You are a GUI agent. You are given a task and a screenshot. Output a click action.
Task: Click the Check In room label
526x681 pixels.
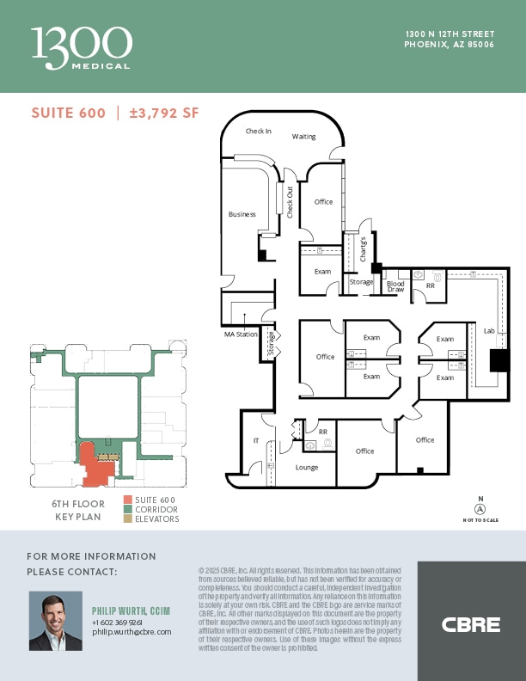click(258, 132)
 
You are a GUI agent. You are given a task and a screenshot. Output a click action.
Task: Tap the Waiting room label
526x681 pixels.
click(303, 137)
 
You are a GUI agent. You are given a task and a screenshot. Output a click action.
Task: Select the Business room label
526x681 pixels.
click(242, 214)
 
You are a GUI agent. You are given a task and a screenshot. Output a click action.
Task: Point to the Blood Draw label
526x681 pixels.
click(395, 286)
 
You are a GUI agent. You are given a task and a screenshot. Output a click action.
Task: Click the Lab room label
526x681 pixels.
click(489, 330)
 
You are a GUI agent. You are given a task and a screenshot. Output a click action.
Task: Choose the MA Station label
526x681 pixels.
click(240, 334)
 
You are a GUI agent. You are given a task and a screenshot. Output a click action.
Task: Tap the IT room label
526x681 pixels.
click(255, 440)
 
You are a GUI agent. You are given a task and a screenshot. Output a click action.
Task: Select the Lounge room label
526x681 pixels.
click(307, 468)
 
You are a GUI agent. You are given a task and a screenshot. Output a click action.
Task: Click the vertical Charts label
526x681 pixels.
click(364, 248)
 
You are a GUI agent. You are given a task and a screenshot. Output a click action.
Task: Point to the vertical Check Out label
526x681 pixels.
click(290, 202)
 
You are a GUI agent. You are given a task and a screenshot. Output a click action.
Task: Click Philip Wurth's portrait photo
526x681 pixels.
click(56, 621)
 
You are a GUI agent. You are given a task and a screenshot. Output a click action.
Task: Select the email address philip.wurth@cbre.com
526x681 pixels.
click(131, 631)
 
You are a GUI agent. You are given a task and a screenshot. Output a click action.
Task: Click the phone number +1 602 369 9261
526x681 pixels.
click(119, 622)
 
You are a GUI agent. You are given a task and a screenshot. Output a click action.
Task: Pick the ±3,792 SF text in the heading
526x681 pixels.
click(163, 113)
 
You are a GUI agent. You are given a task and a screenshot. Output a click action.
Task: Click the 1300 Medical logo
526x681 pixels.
click(82, 47)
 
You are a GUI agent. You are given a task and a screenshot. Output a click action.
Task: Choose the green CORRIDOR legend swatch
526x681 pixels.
click(128, 509)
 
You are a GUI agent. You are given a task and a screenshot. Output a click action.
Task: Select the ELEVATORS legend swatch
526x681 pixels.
click(128, 518)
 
